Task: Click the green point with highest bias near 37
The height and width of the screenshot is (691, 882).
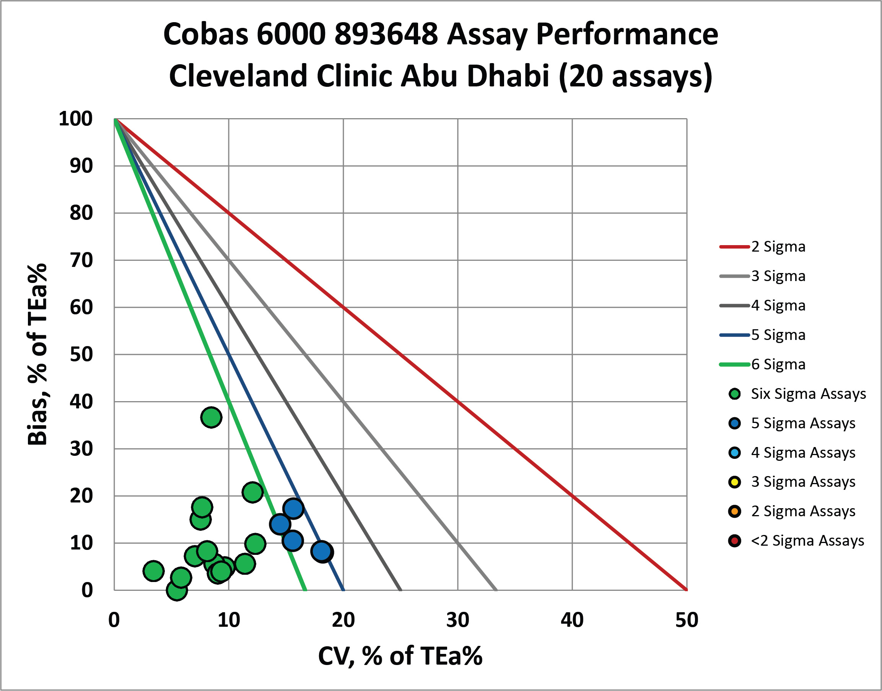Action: (211, 417)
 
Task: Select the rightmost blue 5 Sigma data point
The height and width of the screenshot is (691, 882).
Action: (322, 551)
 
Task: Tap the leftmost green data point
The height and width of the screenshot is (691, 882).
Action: (153, 571)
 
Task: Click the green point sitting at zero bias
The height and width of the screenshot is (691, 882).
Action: (176, 590)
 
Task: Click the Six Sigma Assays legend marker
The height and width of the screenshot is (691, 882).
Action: (734, 393)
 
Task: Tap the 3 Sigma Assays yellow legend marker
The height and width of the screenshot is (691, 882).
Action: (734, 482)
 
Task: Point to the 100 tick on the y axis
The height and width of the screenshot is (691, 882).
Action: (76, 119)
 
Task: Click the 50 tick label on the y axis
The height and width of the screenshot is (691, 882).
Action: (81, 354)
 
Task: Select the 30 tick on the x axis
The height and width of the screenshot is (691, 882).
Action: (457, 621)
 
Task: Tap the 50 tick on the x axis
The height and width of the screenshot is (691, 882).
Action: (687, 621)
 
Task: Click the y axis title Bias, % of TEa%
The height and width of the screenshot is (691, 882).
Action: (37, 354)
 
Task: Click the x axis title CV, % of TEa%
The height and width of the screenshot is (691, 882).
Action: (400, 656)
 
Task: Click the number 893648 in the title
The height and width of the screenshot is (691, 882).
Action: (386, 34)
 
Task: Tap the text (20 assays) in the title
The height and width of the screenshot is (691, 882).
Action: (635, 76)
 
